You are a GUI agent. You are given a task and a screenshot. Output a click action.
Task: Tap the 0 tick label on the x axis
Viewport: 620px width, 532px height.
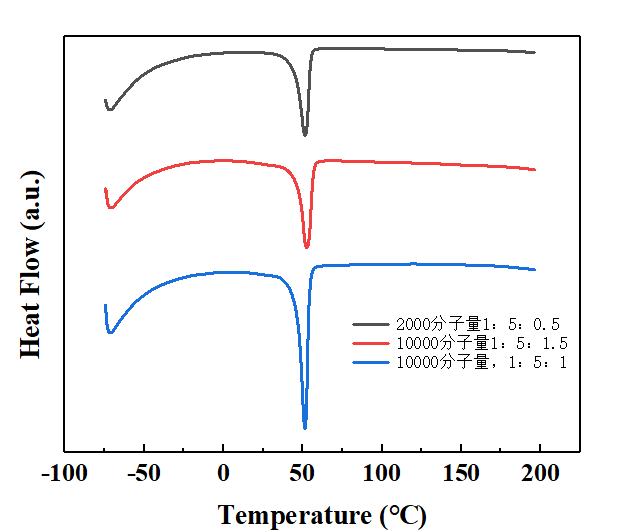click(223, 473)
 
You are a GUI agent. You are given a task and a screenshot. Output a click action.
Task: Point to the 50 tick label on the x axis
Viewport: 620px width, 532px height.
click(303, 473)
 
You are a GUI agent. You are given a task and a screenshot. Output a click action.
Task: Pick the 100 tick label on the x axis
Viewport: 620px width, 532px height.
click(382, 473)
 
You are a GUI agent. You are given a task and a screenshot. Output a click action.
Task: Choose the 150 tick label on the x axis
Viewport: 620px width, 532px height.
click(461, 473)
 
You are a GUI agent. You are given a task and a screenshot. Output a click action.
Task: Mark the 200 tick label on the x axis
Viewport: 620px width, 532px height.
click(541, 473)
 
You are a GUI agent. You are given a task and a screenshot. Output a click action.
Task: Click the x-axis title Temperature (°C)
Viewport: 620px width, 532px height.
click(322, 515)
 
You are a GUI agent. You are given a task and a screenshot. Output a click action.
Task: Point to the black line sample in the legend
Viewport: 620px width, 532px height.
click(371, 324)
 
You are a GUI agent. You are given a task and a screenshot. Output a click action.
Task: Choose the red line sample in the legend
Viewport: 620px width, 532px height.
click(371, 343)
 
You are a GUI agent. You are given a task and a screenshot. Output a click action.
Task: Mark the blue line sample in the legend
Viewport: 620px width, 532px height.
click(371, 362)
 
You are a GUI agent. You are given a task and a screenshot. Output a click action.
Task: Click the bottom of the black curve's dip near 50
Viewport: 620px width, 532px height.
click(305, 134)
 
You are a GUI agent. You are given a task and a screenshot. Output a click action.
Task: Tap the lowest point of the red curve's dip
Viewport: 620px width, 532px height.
click(306, 247)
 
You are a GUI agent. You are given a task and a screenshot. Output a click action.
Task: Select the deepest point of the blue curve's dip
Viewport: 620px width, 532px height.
click(305, 427)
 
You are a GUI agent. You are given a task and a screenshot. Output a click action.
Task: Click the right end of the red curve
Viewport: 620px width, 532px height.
click(535, 170)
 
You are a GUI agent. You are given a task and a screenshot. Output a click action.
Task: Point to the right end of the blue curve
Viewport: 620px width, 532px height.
click(535, 269)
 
